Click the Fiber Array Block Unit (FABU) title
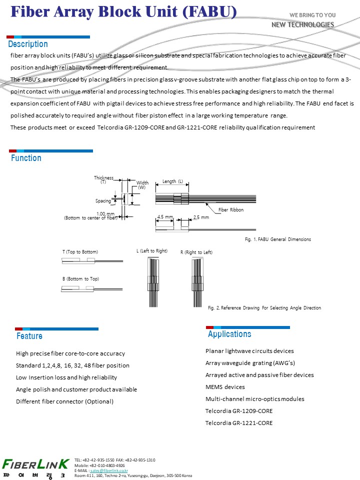pos(123,12)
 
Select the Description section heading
pos(28,44)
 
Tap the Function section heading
pos(26,158)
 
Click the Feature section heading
pos(29,336)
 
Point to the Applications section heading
pos(229,334)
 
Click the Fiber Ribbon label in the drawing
pos(231,210)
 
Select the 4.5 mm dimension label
pos(165,217)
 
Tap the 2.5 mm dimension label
pos(201,217)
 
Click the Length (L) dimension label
pos(173,181)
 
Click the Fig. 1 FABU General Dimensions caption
pos(277,239)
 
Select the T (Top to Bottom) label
pos(80,251)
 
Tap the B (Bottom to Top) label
pos(80,278)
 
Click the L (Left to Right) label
pos(152,251)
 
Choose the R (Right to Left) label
pos(196,252)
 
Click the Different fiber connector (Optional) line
pos(65,401)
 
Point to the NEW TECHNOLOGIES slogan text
pos(302,24)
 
